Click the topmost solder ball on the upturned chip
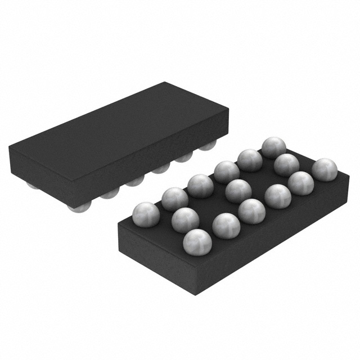point(273,147)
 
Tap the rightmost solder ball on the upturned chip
point(325,169)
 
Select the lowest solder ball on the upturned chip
point(197,241)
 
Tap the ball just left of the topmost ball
point(249,160)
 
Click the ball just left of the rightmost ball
point(301,182)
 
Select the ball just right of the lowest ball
point(226,226)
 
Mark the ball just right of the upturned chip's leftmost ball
point(174,199)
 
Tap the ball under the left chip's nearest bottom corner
point(76,208)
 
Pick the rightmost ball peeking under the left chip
point(209,146)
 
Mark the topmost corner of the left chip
point(164,83)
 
